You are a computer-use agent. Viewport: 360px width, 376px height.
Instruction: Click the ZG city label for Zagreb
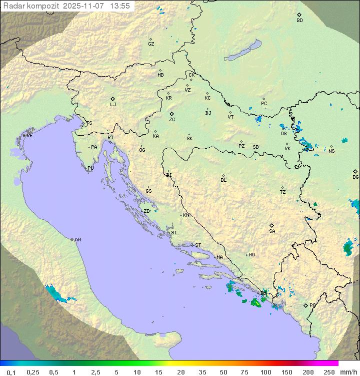click(172, 120)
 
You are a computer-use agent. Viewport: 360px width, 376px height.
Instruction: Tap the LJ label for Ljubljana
click(113, 105)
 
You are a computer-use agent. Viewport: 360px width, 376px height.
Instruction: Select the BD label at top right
click(299, 21)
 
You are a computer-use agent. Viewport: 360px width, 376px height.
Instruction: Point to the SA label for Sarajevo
click(272, 231)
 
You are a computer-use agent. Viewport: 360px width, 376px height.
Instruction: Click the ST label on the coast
click(198, 245)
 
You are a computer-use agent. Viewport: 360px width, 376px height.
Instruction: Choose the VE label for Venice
click(29, 136)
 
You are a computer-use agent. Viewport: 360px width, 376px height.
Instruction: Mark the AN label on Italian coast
click(77, 240)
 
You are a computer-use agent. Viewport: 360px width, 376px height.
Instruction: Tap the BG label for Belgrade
click(355, 177)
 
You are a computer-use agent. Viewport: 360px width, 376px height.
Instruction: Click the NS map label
click(331, 151)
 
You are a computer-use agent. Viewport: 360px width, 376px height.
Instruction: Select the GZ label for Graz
click(151, 44)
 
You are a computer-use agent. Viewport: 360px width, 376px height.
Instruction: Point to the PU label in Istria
click(90, 168)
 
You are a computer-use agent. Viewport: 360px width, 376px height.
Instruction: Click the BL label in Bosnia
click(223, 180)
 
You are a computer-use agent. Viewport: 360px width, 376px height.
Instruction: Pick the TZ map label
click(283, 192)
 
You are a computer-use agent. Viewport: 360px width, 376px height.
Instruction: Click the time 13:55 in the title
click(120, 6)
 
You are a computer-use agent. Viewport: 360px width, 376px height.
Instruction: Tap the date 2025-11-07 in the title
click(84, 6)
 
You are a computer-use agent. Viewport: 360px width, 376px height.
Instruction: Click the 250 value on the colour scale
click(329, 372)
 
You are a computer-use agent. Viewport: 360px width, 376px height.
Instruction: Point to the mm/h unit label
click(348, 372)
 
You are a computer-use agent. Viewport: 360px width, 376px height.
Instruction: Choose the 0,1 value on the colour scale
click(11, 372)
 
